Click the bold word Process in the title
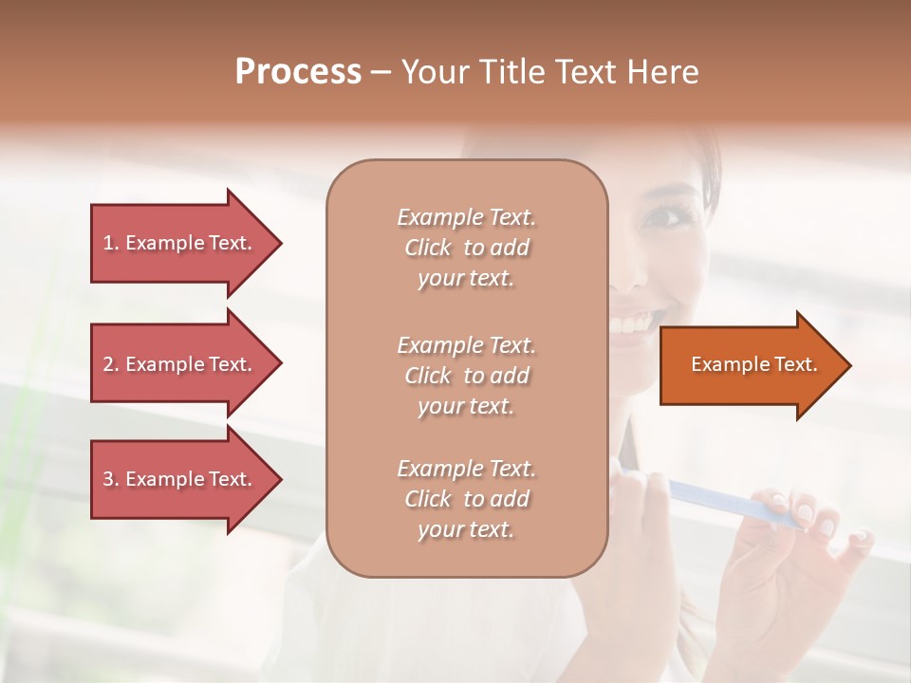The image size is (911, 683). pos(298,72)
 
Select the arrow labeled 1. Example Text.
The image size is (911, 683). pos(180,243)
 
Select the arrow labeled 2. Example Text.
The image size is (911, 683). pos(180,364)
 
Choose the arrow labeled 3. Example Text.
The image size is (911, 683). pos(180,479)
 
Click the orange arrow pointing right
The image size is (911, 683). pos(750,365)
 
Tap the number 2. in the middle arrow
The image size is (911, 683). pos(111,364)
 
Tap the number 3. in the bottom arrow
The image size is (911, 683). pos(111,479)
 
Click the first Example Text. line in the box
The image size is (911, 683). pos(466,217)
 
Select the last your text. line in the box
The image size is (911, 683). pos(466,529)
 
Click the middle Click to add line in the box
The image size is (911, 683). pos(466,376)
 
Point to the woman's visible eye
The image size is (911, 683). pos(661,216)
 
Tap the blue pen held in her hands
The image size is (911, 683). pos(721,503)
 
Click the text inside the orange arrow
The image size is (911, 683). pos(753,364)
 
